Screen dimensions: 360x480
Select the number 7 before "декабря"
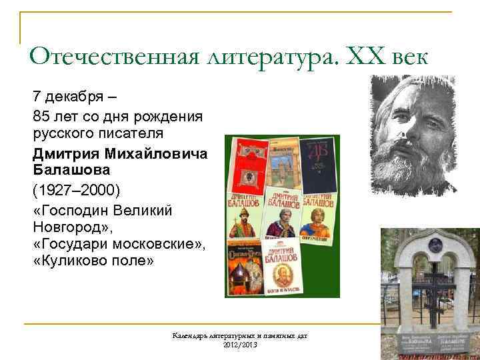click(x=37, y=97)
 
